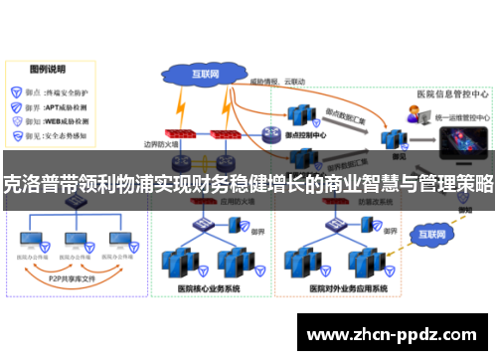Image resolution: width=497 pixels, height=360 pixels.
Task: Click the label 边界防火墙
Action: pyautogui.click(x=161, y=146)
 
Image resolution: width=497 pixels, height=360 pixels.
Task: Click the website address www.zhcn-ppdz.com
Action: pyautogui.click(x=396, y=335)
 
